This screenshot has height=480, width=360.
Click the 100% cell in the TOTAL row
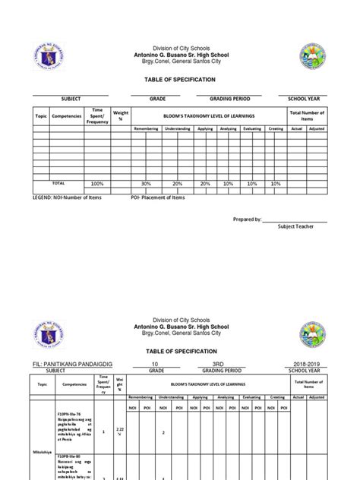point(97,184)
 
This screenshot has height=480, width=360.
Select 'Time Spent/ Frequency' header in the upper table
point(97,115)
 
